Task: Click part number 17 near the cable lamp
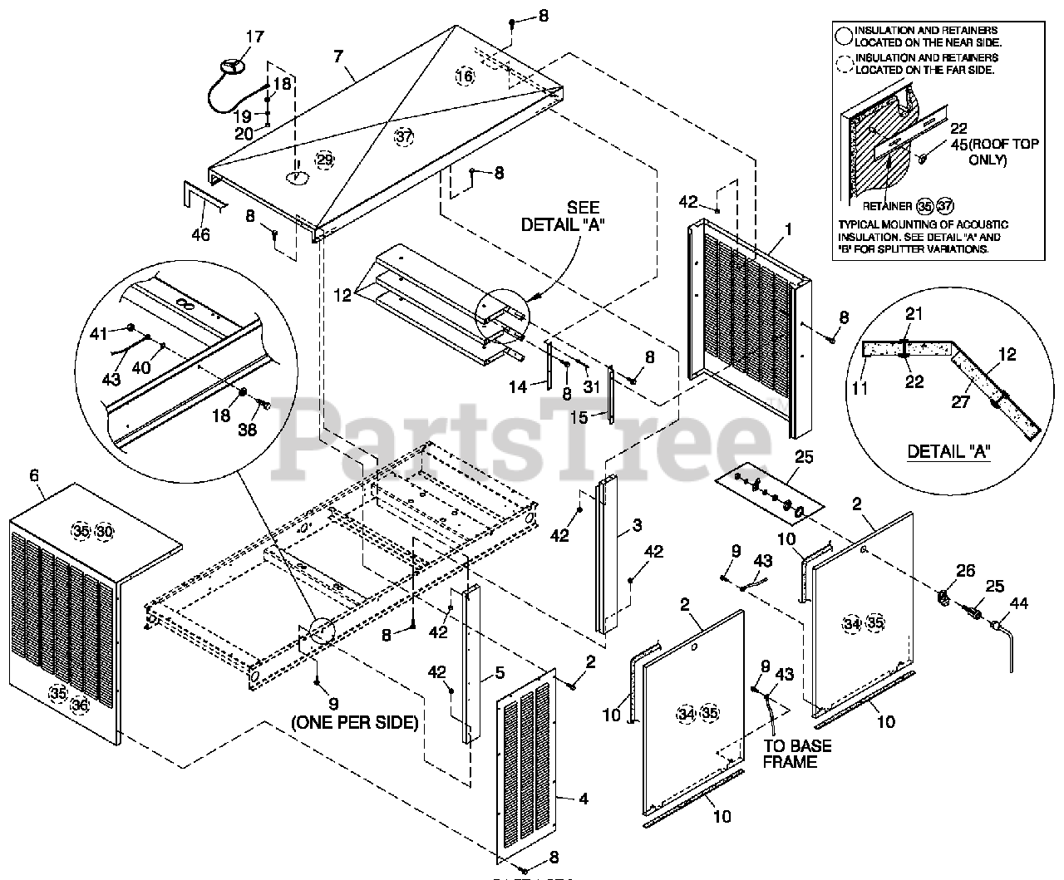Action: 254,37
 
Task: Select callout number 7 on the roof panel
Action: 337,57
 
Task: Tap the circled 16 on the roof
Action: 465,76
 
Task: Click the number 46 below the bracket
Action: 200,234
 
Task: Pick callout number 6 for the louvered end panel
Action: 33,475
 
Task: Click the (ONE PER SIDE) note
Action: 354,722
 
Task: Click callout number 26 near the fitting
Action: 964,571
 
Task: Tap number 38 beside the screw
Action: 248,430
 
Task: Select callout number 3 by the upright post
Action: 637,525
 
